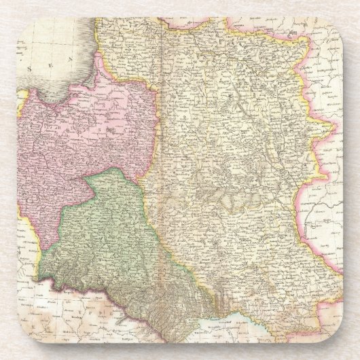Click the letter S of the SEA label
pos(29,69)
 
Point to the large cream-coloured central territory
pos(231,170)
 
